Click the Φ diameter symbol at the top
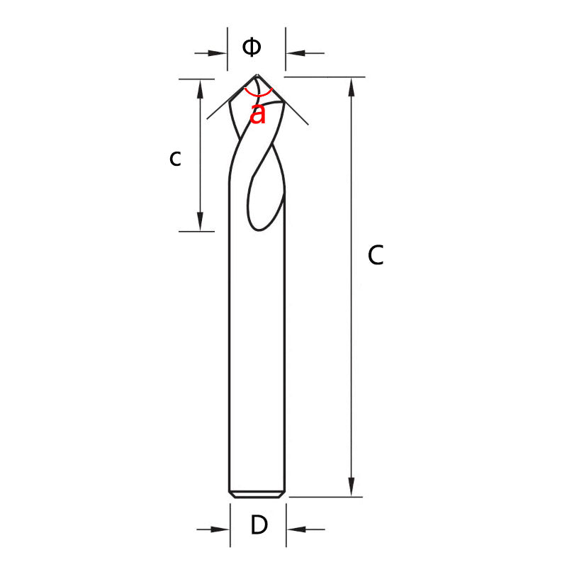[x=252, y=47]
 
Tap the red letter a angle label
[x=259, y=113]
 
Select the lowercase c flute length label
[x=175, y=159]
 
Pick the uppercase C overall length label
[x=376, y=255]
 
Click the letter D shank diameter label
[x=259, y=526]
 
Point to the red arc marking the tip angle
[x=257, y=94]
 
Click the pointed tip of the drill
[x=257, y=74]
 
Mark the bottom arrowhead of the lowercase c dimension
[x=201, y=221]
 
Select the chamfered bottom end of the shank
[x=257, y=493]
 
